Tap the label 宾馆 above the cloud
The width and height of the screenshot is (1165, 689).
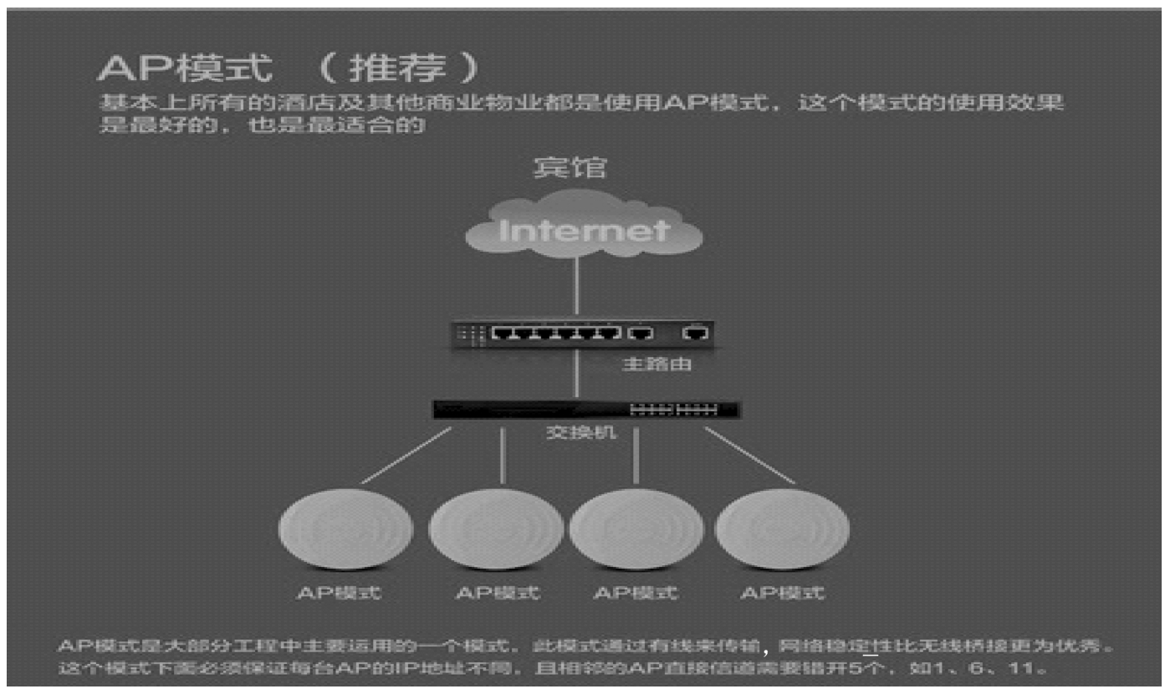[570, 167]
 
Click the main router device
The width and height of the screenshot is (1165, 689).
[582, 334]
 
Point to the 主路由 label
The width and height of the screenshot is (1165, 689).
[657, 365]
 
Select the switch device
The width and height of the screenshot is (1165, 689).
[585, 410]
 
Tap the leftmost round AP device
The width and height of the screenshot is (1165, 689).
[345, 529]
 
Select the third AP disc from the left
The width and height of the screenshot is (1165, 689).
[636, 529]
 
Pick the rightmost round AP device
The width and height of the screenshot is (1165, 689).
[782, 529]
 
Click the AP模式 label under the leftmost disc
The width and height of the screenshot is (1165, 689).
[339, 593]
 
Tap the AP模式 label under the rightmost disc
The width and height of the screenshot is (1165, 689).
[782, 593]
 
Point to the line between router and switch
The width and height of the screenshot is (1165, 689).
[577, 375]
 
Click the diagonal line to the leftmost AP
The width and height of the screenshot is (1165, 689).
[406, 456]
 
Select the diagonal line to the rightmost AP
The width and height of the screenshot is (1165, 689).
[749, 456]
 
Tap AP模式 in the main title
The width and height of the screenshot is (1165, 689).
[185, 69]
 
